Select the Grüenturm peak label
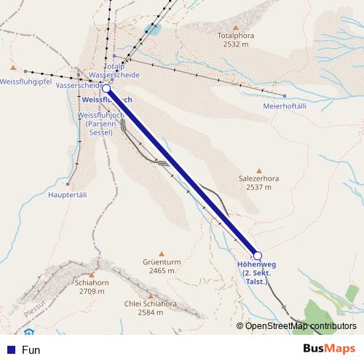click(x=162, y=265)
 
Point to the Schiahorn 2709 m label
click(x=91, y=285)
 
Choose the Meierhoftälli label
click(x=288, y=106)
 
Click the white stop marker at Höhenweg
click(x=256, y=255)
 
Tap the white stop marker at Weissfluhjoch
click(x=106, y=88)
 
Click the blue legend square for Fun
click(x=11, y=349)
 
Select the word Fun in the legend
click(x=31, y=349)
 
